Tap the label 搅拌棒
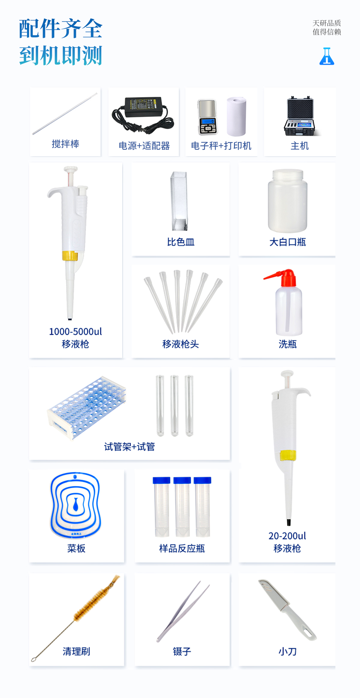coord(65,144)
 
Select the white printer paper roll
coord(236,116)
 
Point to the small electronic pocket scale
coord(207,117)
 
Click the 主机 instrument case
coord(299,116)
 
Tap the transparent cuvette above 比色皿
coord(179,201)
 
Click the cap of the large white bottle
coord(288,175)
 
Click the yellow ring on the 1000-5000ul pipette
coord(70,256)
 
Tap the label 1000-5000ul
coord(76,331)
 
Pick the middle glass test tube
coord(175,405)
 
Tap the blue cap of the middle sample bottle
coord(182,480)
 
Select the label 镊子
coord(182,651)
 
